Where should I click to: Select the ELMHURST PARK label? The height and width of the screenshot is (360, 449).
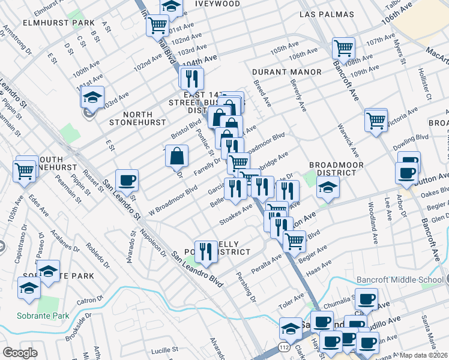[50, 23]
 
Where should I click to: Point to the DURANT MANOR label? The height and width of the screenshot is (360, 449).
[287, 72]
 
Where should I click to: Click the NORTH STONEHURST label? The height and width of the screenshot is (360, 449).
[137, 118]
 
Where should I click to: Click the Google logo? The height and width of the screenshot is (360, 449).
[20, 353]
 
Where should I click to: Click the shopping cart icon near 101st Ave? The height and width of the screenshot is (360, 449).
[157, 25]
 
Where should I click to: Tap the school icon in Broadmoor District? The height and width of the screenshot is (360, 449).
[328, 187]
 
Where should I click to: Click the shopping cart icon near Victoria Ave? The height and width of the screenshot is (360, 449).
[376, 121]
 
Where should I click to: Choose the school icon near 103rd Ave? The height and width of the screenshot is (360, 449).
[92, 97]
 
